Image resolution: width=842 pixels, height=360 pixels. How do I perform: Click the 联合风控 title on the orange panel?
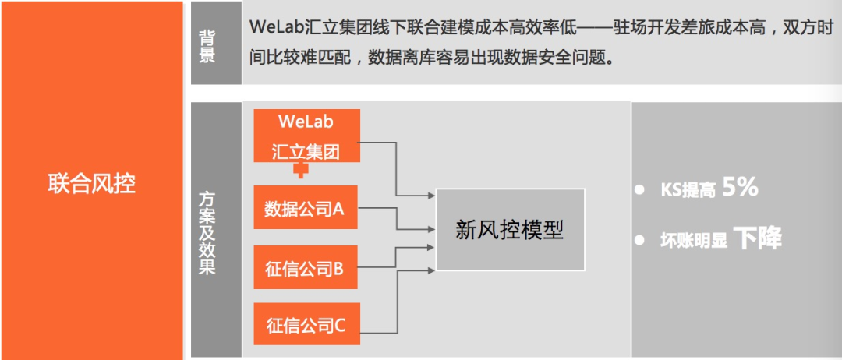[91, 184]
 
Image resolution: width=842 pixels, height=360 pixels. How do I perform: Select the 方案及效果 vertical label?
[207, 233]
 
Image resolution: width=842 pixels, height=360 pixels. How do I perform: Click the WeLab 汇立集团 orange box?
[306, 136]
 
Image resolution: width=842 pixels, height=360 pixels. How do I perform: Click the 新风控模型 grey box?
[509, 230]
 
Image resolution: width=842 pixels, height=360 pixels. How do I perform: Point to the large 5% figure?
[740, 188]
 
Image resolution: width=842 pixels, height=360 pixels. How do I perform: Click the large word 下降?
[757, 238]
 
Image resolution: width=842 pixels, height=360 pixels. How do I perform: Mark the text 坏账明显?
[693, 241]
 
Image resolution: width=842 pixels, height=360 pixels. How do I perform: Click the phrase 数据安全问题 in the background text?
[557, 58]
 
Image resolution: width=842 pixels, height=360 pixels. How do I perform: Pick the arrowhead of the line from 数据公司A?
[432, 229]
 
